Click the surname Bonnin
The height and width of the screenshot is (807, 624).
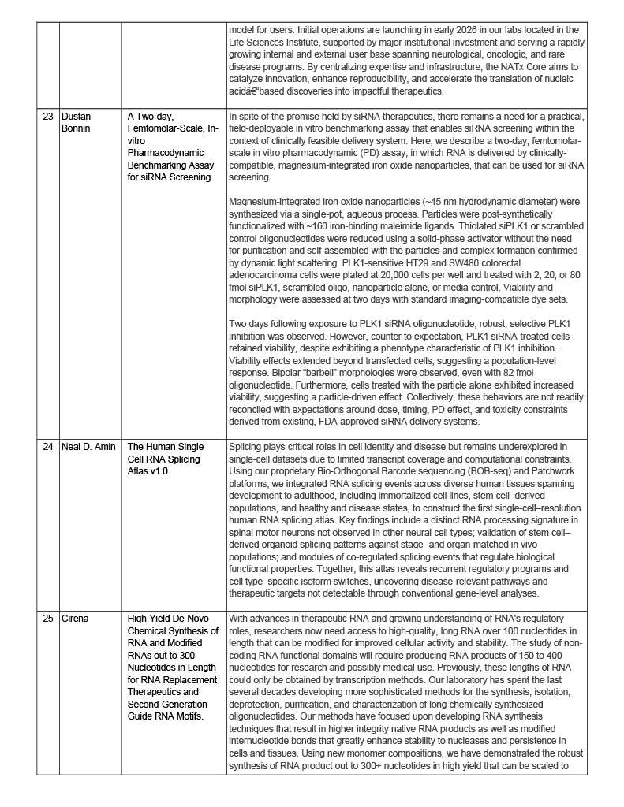77,128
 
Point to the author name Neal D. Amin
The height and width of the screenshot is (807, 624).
88,446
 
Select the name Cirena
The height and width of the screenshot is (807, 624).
76,619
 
